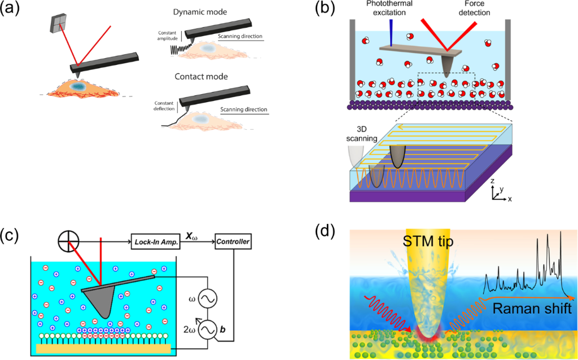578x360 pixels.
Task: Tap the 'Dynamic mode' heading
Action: tap(200, 12)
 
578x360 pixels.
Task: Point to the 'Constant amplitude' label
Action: tap(168, 36)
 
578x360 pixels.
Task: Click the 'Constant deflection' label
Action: tap(164, 106)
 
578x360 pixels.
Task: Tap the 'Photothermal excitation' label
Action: tap(389, 8)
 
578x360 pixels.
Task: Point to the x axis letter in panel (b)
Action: tap(510, 199)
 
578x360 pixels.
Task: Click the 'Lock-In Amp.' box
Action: tap(156, 242)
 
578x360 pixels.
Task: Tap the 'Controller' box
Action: tap(233, 242)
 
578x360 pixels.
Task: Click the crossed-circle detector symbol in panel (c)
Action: tap(69, 242)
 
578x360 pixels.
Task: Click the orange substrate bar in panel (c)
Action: tap(103, 349)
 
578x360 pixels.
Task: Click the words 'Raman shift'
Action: tap(532, 308)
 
